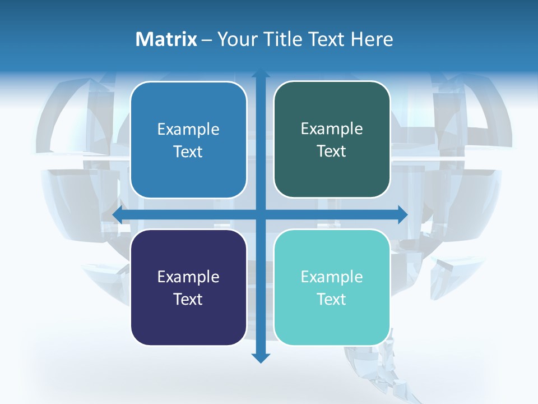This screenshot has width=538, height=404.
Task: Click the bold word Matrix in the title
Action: point(166,39)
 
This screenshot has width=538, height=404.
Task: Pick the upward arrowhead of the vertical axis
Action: point(261,74)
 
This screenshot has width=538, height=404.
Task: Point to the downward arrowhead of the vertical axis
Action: point(261,357)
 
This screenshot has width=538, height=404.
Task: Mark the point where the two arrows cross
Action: point(261,214)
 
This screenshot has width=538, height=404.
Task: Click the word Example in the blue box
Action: point(188,130)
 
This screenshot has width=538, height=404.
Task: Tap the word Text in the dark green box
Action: point(332,151)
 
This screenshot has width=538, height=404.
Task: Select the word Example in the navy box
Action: point(188,277)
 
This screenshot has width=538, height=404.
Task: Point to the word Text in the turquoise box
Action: point(332,299)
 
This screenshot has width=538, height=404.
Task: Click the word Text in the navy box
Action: point(188,299)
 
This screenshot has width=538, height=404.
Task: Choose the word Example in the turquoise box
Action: point(332,277)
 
